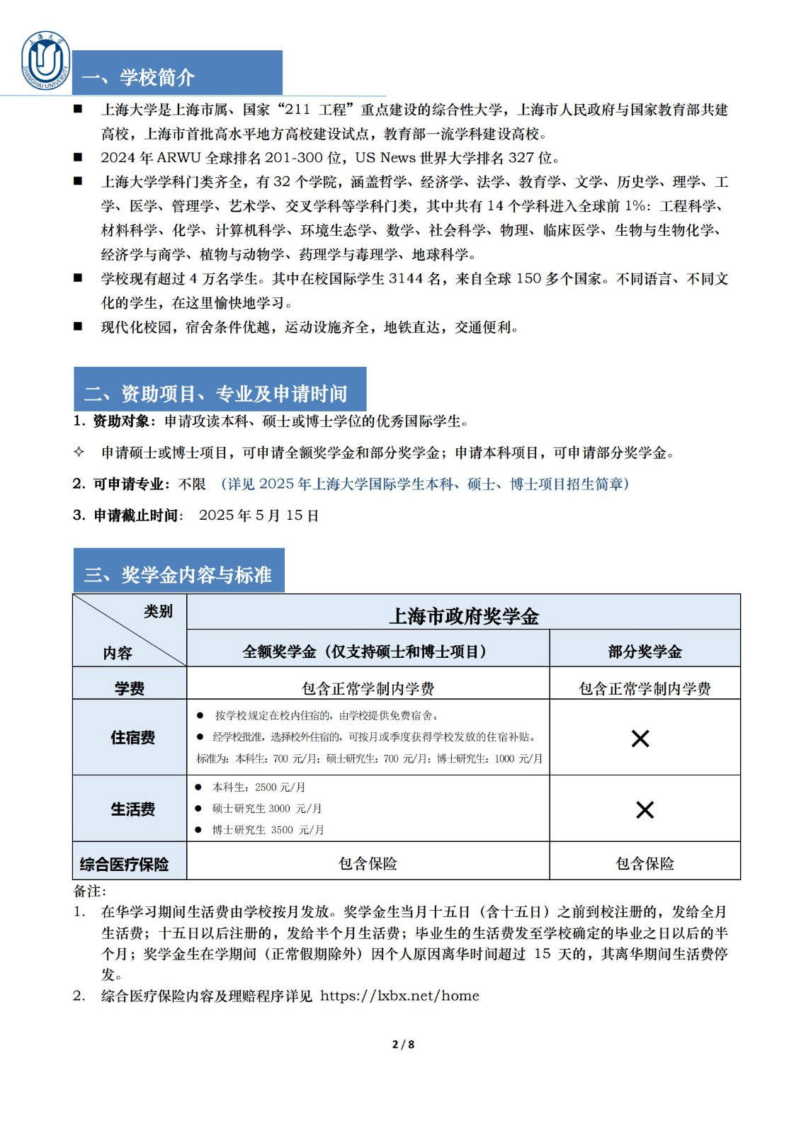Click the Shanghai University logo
46,61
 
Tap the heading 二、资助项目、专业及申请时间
216,394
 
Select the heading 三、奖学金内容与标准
178,574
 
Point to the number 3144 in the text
406,279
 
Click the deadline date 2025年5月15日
259,516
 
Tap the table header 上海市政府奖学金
464,616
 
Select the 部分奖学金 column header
644,651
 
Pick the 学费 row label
130,688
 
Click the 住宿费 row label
132,738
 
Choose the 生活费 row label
132,809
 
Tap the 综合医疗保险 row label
125,865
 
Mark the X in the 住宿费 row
640,739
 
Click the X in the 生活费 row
644,810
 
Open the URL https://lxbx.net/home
399,996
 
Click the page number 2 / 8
403,1044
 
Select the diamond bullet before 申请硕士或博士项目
79,452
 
